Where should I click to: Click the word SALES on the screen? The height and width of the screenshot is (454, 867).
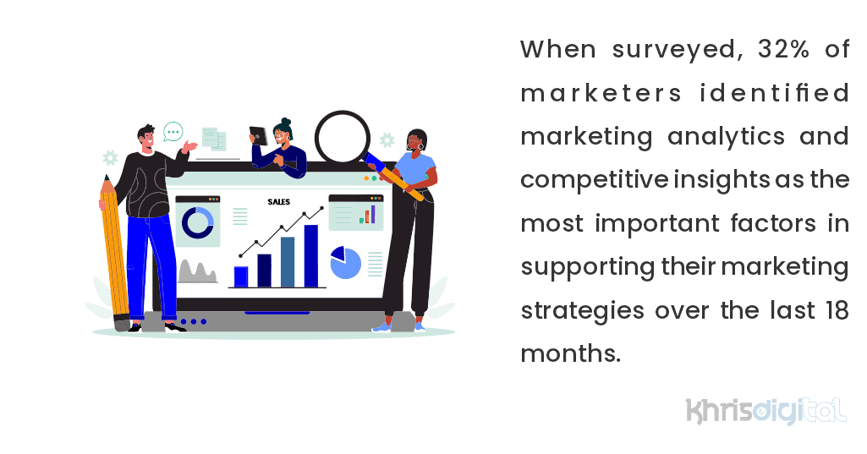click(x=279, y=202)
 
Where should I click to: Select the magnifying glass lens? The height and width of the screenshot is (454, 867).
click(x=343, y=139)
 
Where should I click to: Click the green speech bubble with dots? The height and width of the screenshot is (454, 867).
click(x=173, y=131)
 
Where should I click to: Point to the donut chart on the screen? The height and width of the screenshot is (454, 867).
click(x=198, y=222)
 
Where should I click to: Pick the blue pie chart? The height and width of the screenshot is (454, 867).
click(x=345, y=263)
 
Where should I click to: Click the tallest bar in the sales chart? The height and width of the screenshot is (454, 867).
click(x=311, y=255)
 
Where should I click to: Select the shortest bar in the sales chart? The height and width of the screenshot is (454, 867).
click(x=241, y=276)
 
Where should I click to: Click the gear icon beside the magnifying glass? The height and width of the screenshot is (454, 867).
click(x=387, y=139)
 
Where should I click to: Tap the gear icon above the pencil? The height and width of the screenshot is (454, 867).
click(x=110, y=157)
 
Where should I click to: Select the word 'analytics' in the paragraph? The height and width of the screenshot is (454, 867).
click(x=727, y=136)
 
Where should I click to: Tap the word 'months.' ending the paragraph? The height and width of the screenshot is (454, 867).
click(x=570, y=354)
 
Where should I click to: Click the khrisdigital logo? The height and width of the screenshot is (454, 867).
click(x=765, y=410)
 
